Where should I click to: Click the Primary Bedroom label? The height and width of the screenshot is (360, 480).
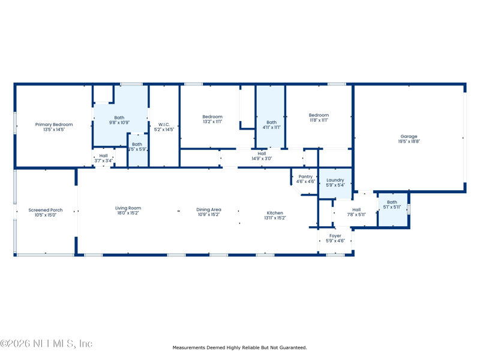click(x=54, y=125)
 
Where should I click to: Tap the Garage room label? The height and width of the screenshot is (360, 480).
click(x=409, y=137)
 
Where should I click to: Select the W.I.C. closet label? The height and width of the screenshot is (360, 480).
click(x=164, y=125)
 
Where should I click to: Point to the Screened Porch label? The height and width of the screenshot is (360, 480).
click(x=46, y=210)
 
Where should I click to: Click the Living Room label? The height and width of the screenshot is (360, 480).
click(x=128, y=208)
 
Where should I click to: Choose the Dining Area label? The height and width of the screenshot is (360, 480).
click(x=209, y=209)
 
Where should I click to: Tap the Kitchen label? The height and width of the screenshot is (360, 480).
click(x=275, y=213)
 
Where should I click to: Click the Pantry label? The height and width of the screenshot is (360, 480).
click(x=305, y=176)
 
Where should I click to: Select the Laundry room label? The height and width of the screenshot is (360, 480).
click(x=335, y=181)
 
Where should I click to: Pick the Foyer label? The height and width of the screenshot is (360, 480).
click(x=335, y=236)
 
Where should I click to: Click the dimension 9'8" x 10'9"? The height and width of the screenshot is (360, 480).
click(x=119, y=122)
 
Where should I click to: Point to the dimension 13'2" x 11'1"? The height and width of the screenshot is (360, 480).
click(x=212, y=122)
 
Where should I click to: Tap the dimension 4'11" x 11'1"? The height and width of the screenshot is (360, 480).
click(x=272, y=127)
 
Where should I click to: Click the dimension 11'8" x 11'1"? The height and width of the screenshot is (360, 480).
click(x=319, y=121)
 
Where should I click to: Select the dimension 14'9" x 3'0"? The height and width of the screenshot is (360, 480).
click(x=262, y=158)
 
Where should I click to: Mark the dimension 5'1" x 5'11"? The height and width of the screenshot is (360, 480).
click(x=392, y=207)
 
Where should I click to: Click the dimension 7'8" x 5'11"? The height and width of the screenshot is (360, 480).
click(x=356, y=215)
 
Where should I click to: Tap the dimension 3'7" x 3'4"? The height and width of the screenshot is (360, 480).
click(x=103, y=161)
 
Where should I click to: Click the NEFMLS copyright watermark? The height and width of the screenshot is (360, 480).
click(x=46, y=343)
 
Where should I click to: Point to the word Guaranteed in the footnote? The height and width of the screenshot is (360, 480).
click(x=293, y=347)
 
